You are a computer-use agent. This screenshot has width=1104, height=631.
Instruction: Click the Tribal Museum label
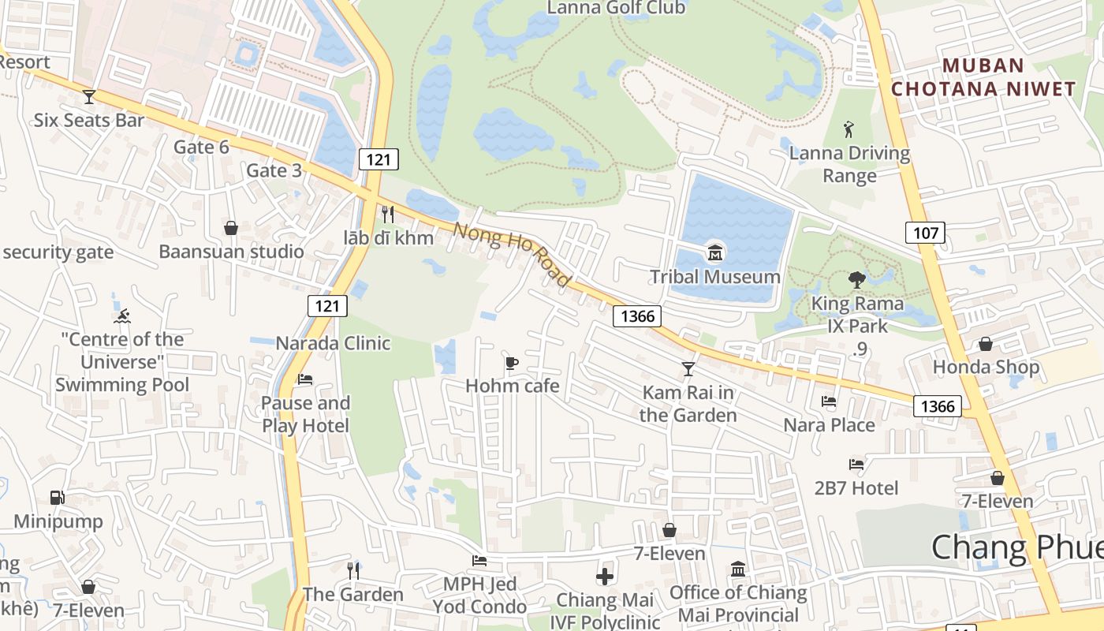714,277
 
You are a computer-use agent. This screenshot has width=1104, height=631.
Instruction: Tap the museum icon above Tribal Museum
715,252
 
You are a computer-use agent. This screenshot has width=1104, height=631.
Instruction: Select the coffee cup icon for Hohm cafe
512,363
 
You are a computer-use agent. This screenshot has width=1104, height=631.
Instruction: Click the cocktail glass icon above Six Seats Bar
88,97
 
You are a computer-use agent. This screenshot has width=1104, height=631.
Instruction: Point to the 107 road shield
924,233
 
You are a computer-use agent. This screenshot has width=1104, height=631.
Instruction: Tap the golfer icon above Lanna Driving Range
849,129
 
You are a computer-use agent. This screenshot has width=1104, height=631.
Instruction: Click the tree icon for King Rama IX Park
856,279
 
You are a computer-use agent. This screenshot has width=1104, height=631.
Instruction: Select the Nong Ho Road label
512,255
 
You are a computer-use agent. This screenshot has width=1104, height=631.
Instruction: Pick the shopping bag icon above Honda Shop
985,344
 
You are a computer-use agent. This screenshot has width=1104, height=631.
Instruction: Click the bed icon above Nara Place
829,401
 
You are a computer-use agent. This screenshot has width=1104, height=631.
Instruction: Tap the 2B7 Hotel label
856,488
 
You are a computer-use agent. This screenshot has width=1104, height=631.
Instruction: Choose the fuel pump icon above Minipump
57,498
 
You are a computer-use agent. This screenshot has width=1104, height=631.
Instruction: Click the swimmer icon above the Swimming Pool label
121,317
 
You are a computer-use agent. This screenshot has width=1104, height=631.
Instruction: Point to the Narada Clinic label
333,343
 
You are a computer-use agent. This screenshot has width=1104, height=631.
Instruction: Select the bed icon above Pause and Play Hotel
305,379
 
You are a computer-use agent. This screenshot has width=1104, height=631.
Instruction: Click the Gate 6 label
201,147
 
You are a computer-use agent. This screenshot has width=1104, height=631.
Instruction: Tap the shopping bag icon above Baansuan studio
231,229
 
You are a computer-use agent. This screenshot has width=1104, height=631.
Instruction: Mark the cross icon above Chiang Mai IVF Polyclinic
605,577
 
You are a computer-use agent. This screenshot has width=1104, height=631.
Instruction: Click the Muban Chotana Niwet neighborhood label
983,77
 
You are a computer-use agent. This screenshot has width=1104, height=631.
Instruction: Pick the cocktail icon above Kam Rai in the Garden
688,368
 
